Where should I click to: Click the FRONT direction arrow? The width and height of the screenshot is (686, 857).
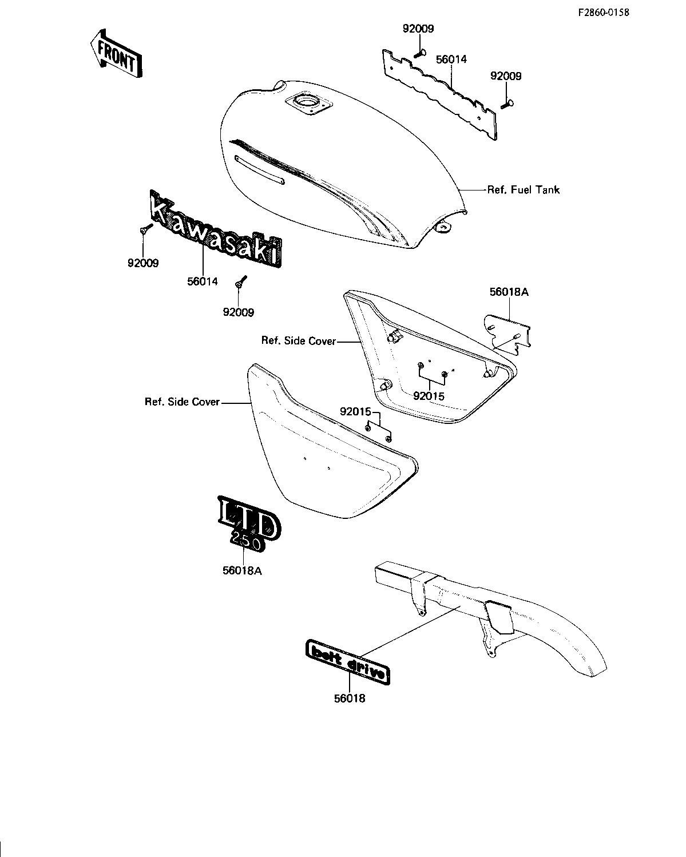(116, 54)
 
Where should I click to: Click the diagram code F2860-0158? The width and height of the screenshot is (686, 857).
(604, 13)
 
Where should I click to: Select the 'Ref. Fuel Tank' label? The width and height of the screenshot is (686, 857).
(524, 189)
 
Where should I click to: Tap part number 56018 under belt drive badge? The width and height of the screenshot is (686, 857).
(350, 698)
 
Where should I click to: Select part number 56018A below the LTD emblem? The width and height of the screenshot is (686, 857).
(242, 571)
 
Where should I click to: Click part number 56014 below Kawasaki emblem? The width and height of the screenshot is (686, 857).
(203, 281)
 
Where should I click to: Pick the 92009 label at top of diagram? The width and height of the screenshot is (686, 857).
(418, 29)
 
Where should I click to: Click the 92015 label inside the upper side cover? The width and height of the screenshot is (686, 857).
(429, 396)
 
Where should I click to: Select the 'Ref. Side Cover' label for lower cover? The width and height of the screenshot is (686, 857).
(182, 402)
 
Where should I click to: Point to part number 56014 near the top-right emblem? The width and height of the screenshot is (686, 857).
(451, 59)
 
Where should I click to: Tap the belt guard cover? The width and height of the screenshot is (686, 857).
(490, 619)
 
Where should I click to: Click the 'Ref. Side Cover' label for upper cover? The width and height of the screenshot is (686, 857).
(299, 340)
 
